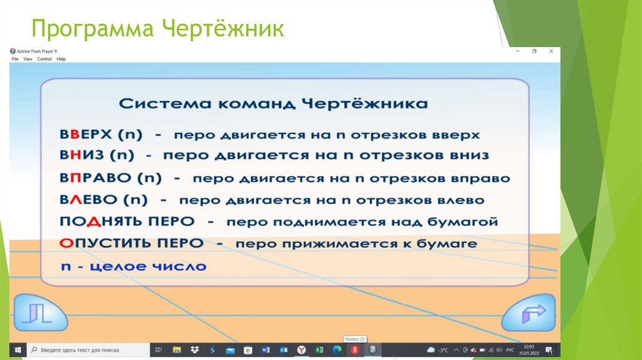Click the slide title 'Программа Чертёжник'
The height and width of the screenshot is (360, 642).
tap(158, 29)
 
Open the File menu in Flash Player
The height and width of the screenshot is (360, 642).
tap(15, 59)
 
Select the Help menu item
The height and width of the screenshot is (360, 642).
tap(61, 59)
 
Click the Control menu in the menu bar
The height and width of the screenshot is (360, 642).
tap(45, 59)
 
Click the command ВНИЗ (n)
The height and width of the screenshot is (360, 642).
tap(98, 156)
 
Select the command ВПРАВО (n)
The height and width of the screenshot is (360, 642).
tap(111, 178)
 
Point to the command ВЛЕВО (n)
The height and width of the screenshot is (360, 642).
tap(103, 200)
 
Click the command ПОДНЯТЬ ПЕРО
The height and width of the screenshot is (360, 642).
tap(127, 222)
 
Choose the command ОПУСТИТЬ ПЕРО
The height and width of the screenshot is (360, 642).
tap(132, 243)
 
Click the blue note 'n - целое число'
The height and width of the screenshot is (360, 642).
tap(133, 267)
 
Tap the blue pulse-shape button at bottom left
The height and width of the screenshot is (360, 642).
tap(40, 312)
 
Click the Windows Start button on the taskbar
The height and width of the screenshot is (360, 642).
tap(18, 349)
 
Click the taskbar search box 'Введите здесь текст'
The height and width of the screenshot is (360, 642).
tap(88, 349)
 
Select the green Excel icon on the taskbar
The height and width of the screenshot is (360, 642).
tap(319, 349)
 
